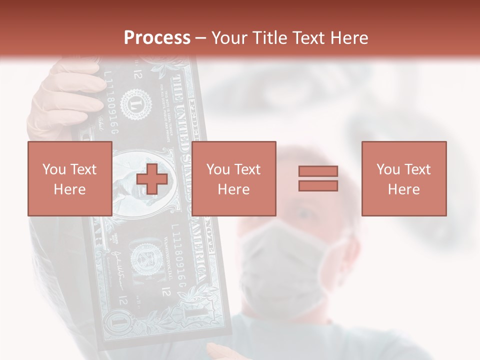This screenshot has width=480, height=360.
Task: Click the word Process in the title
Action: click(157, 37)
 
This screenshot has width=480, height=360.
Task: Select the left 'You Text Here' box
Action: click(69, 178)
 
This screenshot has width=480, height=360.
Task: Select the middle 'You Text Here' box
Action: click(233, 178)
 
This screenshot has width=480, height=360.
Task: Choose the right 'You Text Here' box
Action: click(403, 178)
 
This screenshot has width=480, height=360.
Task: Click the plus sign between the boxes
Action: click(151, 178)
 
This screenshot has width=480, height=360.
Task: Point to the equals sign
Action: click(318, 178)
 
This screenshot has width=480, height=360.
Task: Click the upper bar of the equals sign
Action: click(318, 171)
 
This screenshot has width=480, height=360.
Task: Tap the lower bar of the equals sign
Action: click(318, 186)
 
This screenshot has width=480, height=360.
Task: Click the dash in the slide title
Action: click(200, 38)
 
